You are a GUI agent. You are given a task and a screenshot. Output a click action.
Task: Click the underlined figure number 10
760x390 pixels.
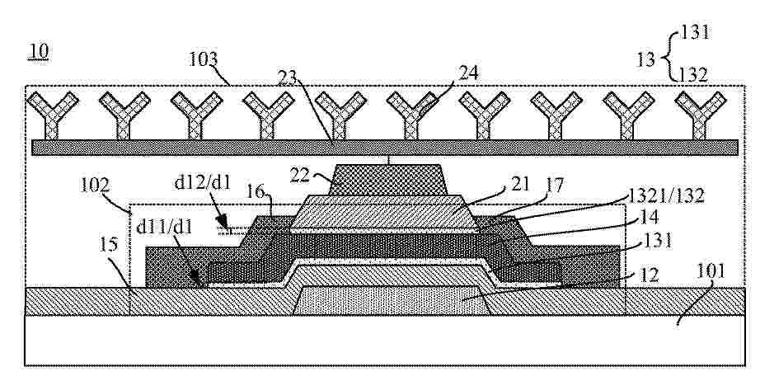[38, 51]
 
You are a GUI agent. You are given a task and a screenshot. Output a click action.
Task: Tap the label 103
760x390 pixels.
[203, 59]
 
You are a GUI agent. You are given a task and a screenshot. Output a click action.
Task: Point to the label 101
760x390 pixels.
[711, 271]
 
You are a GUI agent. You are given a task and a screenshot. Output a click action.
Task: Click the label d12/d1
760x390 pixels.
[204, 183]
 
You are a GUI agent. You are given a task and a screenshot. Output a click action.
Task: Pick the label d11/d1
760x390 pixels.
[164, 226]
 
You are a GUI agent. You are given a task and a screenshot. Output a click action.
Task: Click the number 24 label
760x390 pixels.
[467, 73]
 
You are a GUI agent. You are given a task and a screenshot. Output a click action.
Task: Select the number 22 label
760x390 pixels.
[299, 175]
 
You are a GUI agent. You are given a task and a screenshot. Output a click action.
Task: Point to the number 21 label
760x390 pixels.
[519, 185]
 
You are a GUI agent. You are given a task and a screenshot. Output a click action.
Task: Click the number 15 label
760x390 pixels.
[110, 245]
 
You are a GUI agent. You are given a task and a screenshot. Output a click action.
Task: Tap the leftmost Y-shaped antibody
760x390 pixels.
[53, 115]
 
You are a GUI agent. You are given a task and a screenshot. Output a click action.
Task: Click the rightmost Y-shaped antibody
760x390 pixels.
[701, 115]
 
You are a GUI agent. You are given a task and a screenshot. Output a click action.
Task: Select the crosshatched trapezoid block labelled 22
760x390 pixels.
[388, 180]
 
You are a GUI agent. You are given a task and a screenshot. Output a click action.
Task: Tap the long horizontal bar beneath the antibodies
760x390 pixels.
[385, 148]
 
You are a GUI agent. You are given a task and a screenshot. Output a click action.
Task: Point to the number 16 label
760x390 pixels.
[258, 193]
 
